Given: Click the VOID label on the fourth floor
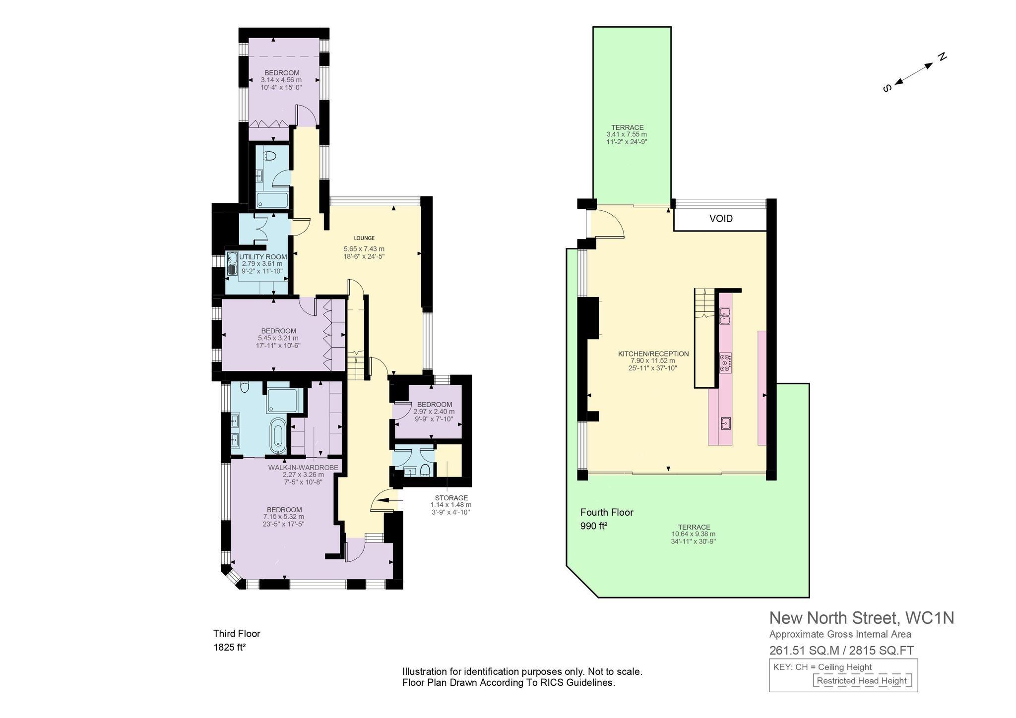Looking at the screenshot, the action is (721, 219).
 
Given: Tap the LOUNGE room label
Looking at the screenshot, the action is (364, 238).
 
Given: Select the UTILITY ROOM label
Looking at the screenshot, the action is (263, 257).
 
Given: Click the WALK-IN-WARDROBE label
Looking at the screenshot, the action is (303, 468).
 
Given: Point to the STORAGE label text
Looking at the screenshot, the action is (451, 498).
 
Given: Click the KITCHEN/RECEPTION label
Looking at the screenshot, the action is (653, 354).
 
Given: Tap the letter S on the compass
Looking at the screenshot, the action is (888, 88).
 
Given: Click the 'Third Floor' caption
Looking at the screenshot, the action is (237, 634).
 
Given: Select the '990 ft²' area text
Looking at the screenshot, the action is (594, 526).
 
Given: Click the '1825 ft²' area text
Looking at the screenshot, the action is (230, 647).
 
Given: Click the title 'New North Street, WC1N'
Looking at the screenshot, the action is (862, 618).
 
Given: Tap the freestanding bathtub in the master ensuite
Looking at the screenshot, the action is (277, 435).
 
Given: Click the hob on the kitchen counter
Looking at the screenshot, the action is (725, 362).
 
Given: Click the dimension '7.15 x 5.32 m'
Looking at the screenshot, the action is (284, 517).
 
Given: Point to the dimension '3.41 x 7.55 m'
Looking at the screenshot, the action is (627, 134).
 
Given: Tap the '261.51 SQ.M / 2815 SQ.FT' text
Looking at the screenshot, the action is (841, 650).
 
